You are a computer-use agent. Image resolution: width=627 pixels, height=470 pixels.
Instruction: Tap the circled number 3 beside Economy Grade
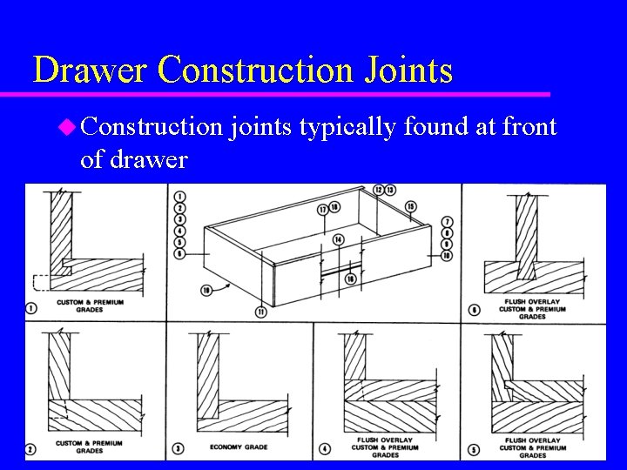pyautogui.click(x=179, y=448)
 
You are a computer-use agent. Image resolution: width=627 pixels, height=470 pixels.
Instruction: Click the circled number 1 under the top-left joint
pyautogui.click(x=32, y=305)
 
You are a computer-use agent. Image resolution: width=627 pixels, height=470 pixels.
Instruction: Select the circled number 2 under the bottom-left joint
pyautogui.click(x=32, y=448)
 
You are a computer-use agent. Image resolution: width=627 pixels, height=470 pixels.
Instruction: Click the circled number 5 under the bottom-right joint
pyautogui.click(x=473, y=448)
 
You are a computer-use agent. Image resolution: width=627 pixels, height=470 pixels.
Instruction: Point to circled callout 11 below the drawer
pyautogui.click(x=260, y=312)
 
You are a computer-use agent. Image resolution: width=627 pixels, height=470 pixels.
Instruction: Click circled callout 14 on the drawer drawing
pyautogui.click(x=338, y=239)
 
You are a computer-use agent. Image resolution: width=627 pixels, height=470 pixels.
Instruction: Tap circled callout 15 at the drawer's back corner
pyautogui.click(x=410, y=206)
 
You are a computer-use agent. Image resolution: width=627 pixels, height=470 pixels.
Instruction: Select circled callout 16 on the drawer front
pyautogui.click(x=351, y=279)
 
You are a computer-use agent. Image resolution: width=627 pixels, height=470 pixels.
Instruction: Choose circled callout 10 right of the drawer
pyautogui.click(x=447, y=256)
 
